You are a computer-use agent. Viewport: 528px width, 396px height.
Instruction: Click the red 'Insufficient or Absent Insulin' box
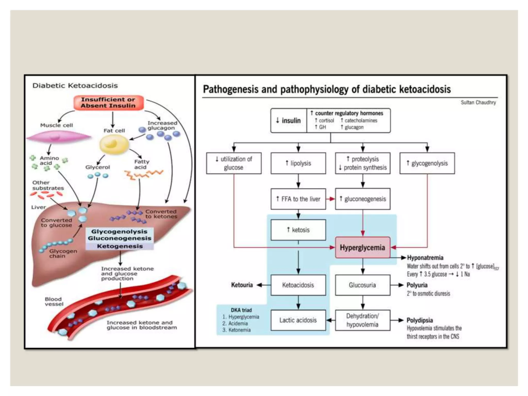(x=108, y=103)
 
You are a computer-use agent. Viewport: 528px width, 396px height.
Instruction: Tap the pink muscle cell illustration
(x=59, y=137)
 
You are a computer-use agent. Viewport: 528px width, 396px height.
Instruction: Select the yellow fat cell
(x=114, y=144)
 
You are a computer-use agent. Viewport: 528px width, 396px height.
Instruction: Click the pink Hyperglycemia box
(x=362, y=247)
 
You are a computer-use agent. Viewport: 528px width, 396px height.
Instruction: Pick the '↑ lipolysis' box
(x=298, y=163)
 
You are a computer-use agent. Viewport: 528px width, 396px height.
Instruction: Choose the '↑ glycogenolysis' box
(x=427, y=163)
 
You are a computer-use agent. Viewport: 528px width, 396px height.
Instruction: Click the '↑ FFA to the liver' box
(x=298, y=199)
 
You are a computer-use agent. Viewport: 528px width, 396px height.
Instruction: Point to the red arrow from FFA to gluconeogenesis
(x=331, y=199)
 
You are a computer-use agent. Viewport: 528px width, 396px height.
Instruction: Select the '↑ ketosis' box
(x=298, y=230)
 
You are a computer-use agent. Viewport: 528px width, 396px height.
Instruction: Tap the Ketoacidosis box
(x=298, y=285)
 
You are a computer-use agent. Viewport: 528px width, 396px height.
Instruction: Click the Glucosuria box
(x=362, y=285)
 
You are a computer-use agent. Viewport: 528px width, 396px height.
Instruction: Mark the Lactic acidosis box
(x=298, y=320)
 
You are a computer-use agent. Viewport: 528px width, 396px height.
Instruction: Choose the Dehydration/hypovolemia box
(x=362, y=320)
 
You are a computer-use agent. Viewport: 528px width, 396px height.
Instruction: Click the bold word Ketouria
(x=242, y=285)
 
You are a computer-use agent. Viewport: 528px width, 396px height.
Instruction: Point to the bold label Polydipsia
(x=420, y=320)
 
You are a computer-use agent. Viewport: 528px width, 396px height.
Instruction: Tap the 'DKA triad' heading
(x=241, y=310)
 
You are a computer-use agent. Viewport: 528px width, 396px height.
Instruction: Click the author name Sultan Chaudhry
(x=478, y=103)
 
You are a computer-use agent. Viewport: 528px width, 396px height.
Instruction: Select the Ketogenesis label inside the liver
(x=120, y=246)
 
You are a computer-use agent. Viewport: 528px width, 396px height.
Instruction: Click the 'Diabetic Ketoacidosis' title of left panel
(x=75, y=86)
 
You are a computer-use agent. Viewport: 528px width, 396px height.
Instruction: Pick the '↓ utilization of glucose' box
(x=234, y=163)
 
